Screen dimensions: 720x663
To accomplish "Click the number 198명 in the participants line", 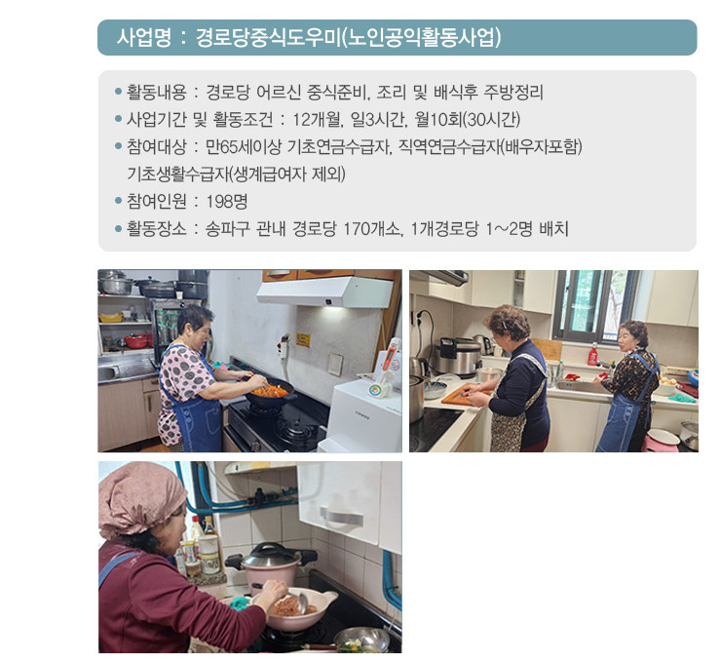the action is pos(227,201).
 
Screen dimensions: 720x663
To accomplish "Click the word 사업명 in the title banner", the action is pos(144,37).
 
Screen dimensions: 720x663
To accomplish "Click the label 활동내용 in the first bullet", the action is pos(157,93).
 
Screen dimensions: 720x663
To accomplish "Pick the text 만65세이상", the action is pos(244,147).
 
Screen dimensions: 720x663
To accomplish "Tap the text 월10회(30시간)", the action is pos(467,120).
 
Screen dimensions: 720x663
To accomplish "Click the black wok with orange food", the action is pos(270,394).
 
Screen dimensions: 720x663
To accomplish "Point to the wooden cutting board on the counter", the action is pos(464,395).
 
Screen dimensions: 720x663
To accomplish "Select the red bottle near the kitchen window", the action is pos(592,354).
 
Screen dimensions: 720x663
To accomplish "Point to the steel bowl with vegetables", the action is pos(361,639).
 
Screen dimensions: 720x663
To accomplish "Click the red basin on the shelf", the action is pos(136,341).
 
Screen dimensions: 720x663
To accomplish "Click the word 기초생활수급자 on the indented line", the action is pos(177,175).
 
